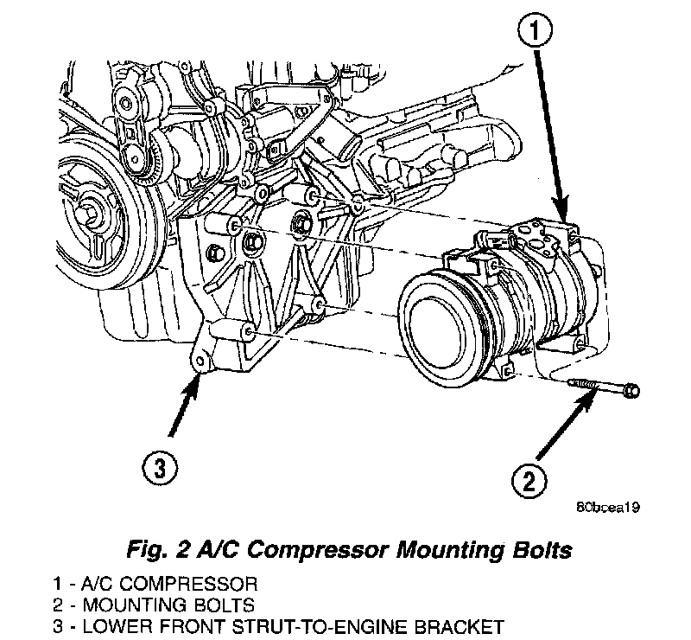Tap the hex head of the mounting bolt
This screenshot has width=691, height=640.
(631, 390)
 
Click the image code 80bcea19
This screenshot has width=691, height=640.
(607, 507)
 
